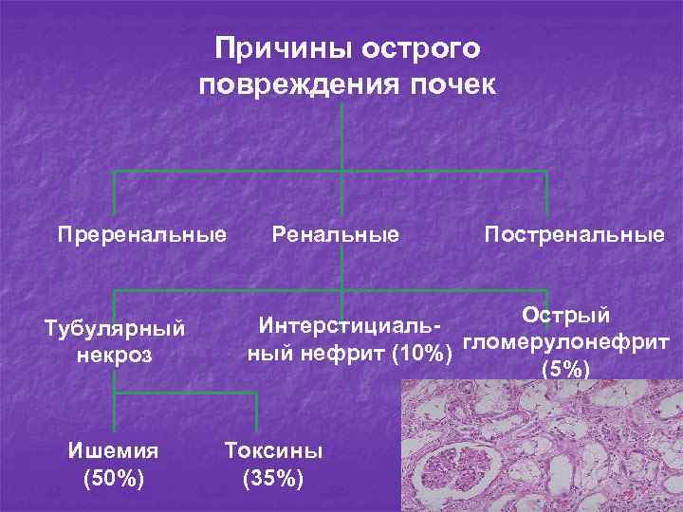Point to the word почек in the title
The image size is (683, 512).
pos(452,84)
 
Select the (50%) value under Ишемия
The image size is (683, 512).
pos(114,477)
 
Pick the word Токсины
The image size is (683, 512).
pos(273,449)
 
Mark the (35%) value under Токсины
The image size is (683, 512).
pos(273,477)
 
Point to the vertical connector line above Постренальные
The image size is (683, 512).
pos(547,192)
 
